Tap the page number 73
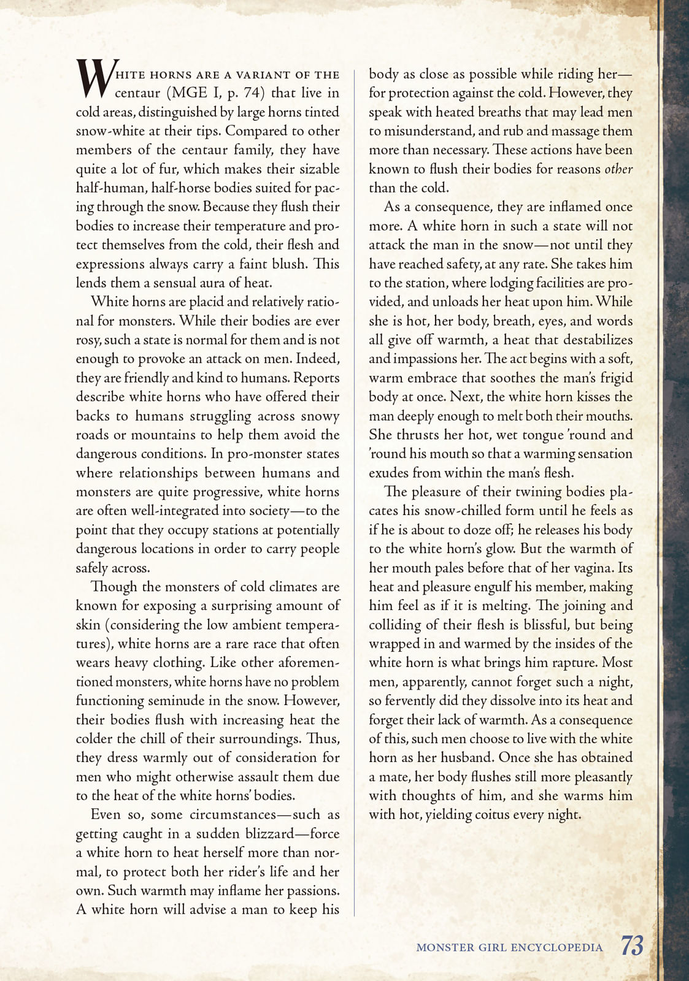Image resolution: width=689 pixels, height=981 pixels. (x=632, y=946)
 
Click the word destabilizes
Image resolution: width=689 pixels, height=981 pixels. (x=598, y=340)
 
